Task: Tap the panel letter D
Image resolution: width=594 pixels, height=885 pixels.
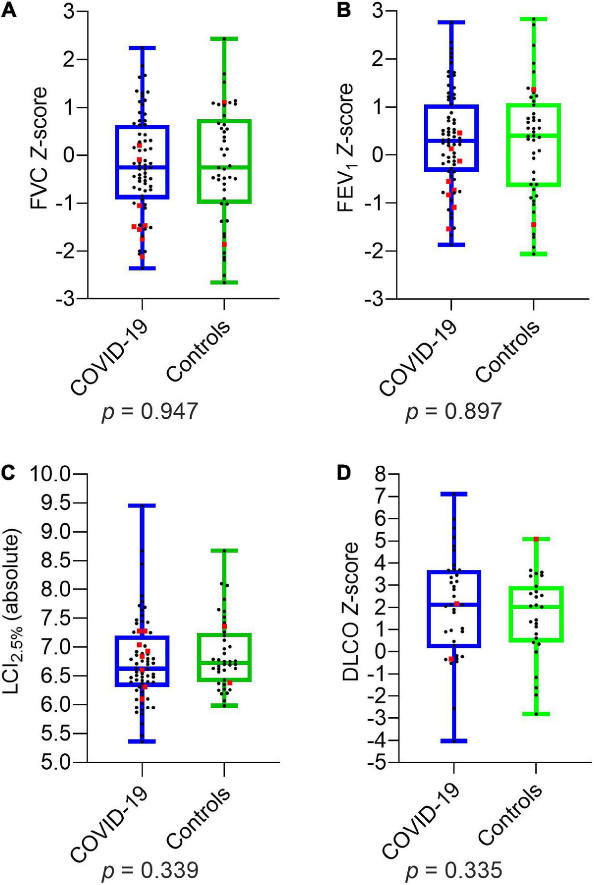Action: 343,474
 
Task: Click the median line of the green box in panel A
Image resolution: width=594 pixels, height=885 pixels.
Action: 224,167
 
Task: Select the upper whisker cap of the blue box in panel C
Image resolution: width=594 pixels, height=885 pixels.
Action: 142,506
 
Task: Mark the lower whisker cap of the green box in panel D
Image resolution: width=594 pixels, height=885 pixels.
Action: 536,714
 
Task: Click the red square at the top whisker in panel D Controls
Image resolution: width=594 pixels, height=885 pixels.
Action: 536,539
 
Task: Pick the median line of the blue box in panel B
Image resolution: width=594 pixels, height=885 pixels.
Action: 451,141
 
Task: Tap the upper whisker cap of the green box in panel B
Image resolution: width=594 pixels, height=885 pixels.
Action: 534,19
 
